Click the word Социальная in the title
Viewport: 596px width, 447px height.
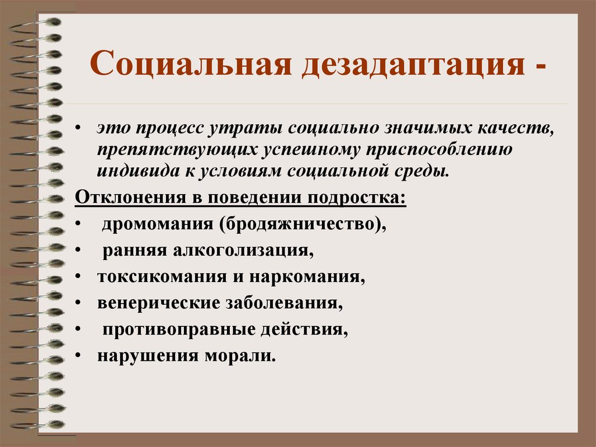coord(191,63)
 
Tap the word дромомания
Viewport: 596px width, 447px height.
coord(158,224)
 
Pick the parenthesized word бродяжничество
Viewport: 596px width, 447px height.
coord(303,224)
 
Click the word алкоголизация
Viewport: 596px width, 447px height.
coord(243,251)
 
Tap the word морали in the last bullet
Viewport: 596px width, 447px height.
coord(240,356)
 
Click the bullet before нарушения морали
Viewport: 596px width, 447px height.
coord(79,356)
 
